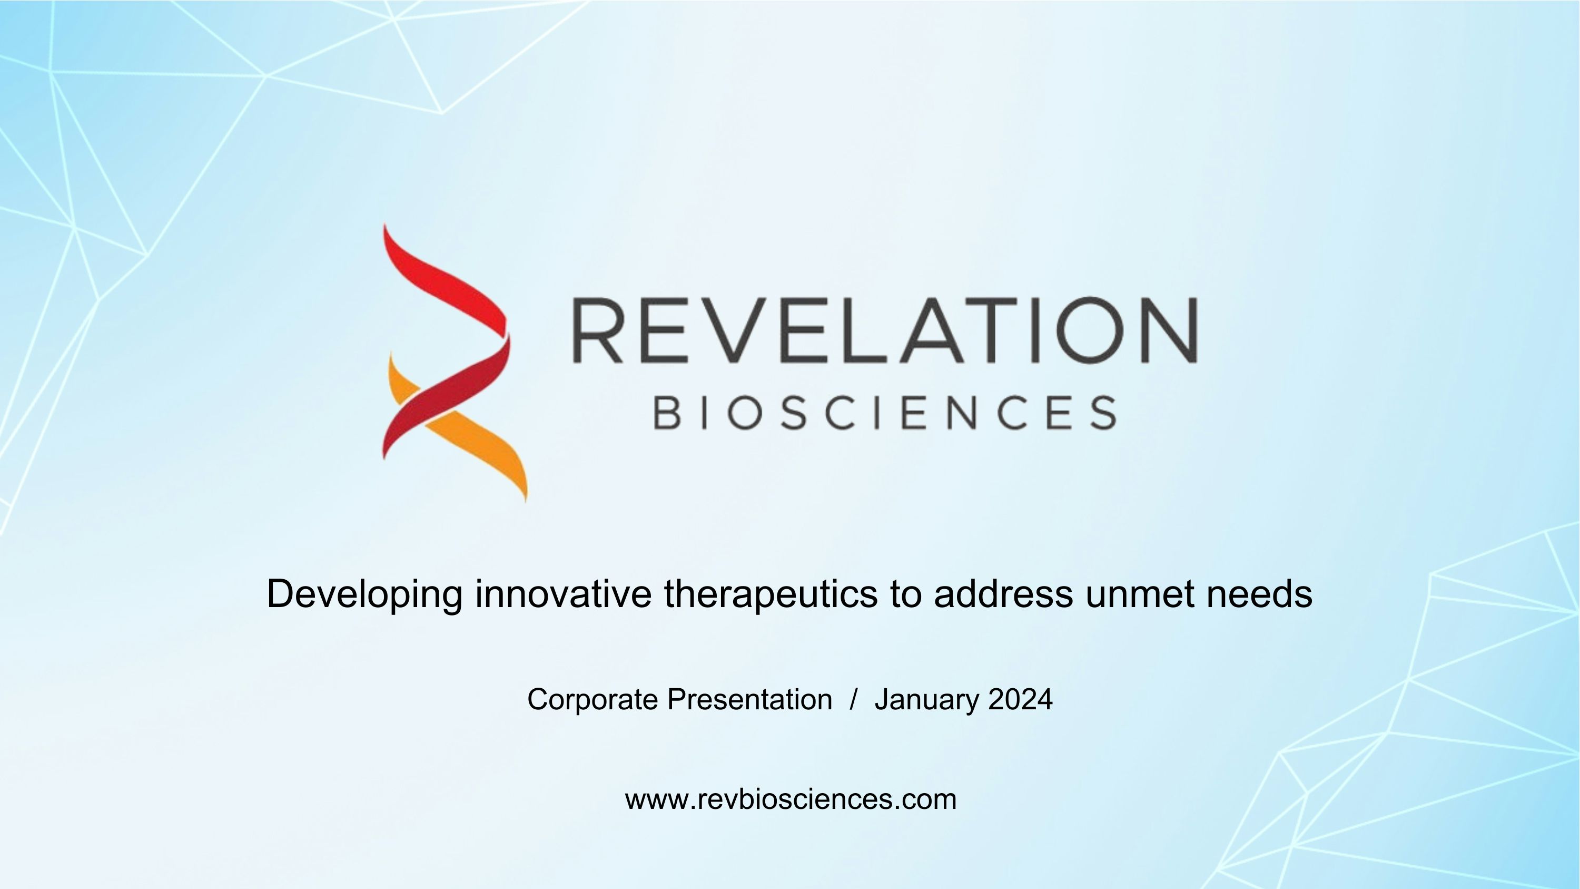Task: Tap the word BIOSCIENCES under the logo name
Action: coord(884,412)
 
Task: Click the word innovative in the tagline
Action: coord(563,594)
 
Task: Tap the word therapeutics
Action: coord(771,594)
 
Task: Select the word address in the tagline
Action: coord(1003,594)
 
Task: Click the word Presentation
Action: coord(749,699)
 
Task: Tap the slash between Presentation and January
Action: coord(853,699)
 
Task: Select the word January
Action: coord(927,699)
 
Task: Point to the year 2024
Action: coord(1021,699)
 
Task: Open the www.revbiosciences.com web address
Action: coord(791,799)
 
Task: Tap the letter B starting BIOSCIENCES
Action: coord(667,412)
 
